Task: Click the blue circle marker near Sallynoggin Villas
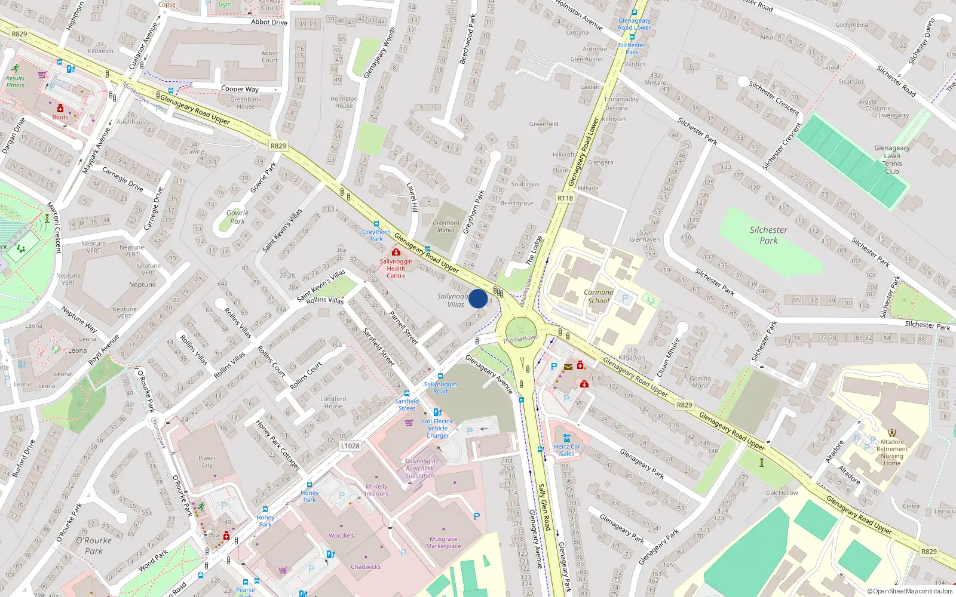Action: click(478, 298)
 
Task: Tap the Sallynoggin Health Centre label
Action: click(396, 269)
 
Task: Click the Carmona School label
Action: click(598, 297)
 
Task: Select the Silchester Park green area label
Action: click(768, 235)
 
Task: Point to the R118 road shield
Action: click(565, 198)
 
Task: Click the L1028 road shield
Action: click(350, 446)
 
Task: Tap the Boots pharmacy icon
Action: click(60, 109)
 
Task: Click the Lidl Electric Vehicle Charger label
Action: click(437, 428)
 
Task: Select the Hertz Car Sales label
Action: click(566, 450)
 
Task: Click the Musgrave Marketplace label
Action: click(443, 542)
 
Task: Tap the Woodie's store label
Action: click(341, 536)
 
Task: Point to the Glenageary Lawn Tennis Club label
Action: click(891, 159)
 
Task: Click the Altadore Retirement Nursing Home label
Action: click(891, 453)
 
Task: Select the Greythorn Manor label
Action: click(446, 226)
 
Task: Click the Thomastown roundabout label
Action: click(520, 338)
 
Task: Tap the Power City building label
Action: click(207, 461)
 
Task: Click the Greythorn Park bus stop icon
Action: click(376, 224)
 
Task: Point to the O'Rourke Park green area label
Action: click(94, 545)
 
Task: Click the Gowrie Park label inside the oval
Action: click(237, 217)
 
